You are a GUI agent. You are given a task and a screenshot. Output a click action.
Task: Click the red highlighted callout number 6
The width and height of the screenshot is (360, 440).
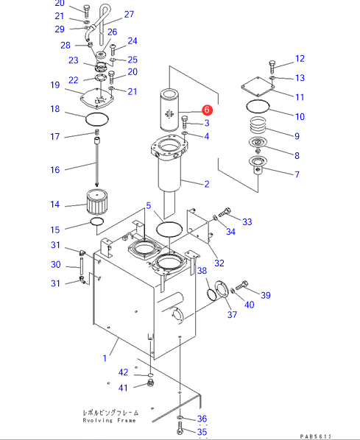click(x=207, y=110)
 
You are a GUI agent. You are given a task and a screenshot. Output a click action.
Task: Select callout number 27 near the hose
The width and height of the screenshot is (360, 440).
click(x=129, y=14)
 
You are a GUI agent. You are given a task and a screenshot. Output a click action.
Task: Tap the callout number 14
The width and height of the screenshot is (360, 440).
click(x=55, y=205)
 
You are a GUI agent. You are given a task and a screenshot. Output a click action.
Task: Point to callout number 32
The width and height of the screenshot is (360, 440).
click(x=219, y=263)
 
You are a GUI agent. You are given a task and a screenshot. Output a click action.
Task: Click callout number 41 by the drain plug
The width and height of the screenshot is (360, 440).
click(x=123, y=388)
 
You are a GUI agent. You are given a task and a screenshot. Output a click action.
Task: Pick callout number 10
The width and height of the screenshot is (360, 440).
click(x=300, y=116)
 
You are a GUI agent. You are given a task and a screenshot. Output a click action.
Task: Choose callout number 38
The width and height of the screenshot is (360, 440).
click(x=202, y=271)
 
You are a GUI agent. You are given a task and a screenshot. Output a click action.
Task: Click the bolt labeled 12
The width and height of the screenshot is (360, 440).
click(x=272, y=66)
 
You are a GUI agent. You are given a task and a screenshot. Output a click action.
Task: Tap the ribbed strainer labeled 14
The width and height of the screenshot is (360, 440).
click(x=97, y=202)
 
